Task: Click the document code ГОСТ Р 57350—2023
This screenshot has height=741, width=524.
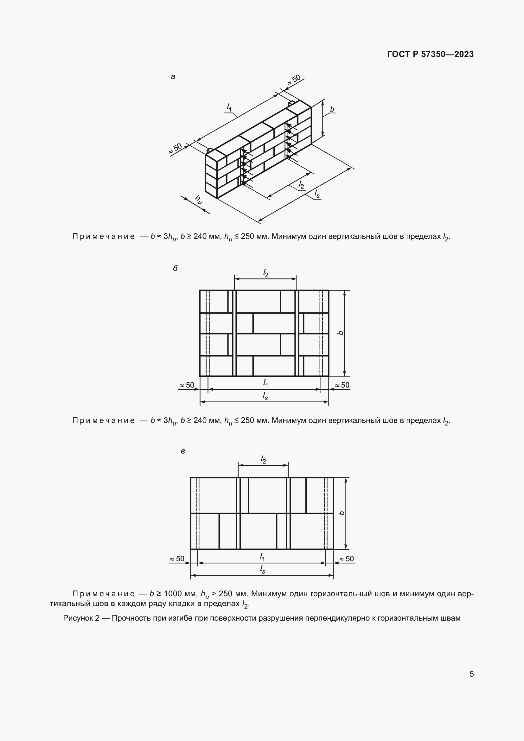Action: click(x=430, y=54)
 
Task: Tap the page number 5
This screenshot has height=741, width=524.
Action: click(x=471, y=674)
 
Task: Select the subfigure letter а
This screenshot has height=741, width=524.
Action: click(x=173, y=77)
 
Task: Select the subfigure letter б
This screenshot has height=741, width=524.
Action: click(x=175, y=269)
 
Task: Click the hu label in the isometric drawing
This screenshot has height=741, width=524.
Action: click(x=198, y=200)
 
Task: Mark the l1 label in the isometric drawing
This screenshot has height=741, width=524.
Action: click(x=229, y=107)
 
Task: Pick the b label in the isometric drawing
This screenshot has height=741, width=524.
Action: click(x=332, y=109)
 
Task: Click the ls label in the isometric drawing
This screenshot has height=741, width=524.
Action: click(x=317, y=194)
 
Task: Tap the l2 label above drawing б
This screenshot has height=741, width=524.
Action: click(x=265, y=274)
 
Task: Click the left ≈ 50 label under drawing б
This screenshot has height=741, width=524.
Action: click(x=187, y=385)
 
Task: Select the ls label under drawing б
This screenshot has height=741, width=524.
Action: click(x=265, y=396)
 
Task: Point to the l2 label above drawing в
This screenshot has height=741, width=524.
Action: click(x=263, y=460)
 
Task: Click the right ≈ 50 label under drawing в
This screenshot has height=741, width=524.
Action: click(x=347, y=559)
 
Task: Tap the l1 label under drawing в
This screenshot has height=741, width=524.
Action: click(x=262, y=557)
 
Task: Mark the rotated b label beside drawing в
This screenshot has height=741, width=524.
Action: click(x=342, y=513)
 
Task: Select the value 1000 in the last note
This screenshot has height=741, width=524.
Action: click(x=173, y=593)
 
